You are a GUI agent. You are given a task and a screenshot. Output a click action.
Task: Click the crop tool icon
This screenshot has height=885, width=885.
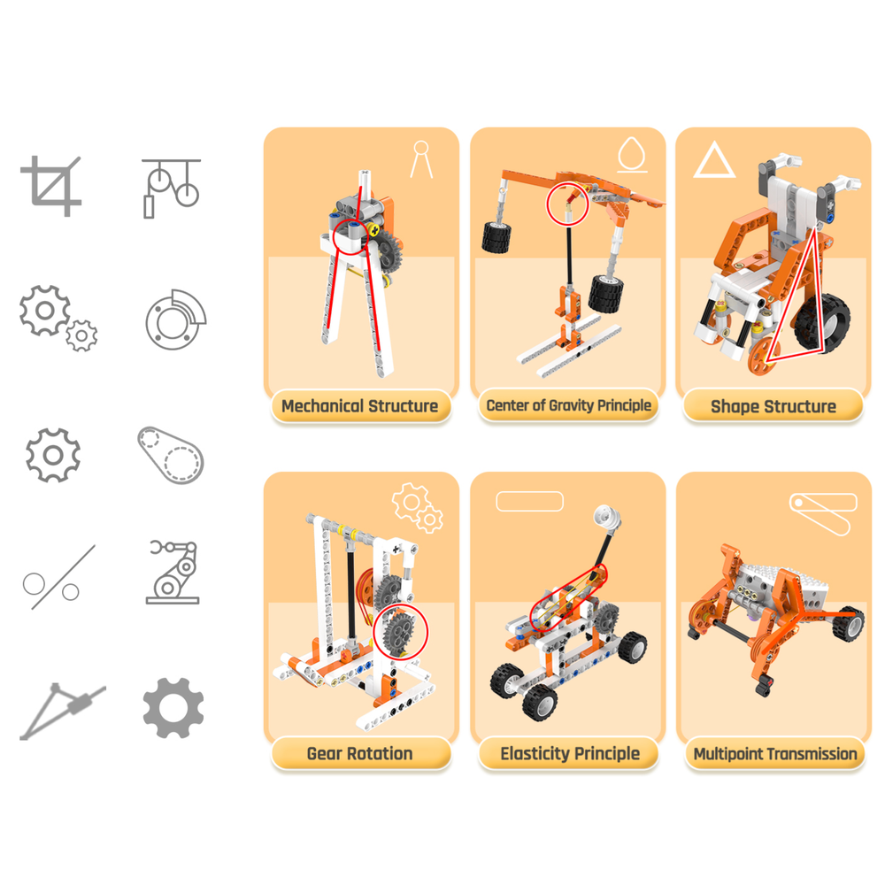pyautogui.click(x=51, y=186)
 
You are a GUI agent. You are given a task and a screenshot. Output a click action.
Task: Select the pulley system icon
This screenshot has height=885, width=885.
pyautogui.click(x=172, y=188)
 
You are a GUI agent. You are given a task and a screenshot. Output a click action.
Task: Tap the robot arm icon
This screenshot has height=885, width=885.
pyautogui.click(x=173, y=573)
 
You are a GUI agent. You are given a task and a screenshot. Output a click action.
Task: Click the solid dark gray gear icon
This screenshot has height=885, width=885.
pyautogui.click(x=173, y=708)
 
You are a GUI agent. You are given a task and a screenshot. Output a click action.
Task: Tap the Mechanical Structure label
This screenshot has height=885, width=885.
pyautogui.click(x=359, y=406)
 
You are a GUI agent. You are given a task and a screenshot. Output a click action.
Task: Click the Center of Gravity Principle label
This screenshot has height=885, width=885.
pyautogui.click(x=568, y=406)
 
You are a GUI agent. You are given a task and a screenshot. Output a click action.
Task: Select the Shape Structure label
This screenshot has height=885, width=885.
pyautogui.click(x=773, y=406)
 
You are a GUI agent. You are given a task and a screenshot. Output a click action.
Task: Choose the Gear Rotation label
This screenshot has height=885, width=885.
pyautogui.click(x=359, y=754)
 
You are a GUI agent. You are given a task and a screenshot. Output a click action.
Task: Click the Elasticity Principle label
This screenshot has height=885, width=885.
pyautogui.click(x=569, y=754)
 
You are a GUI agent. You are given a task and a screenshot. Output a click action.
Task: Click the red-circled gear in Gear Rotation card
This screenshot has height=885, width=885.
pyautogui.click(x=402, y=630)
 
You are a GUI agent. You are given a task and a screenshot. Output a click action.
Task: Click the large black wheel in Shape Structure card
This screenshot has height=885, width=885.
pyautogui.click(x=823, y=323)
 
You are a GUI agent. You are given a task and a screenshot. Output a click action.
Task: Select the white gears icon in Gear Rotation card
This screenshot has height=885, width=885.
pyautogui.click(x=417, y=507)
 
